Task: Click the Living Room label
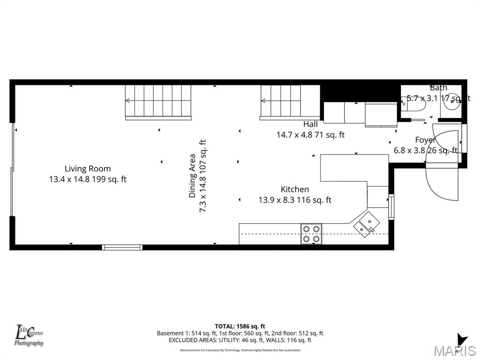point(88,169)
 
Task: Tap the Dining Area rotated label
point(192,176)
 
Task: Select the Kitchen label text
point(294,189)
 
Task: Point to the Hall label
point(310,124)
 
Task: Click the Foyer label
point(426,140)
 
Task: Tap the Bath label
point(438,88)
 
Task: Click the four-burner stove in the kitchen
point(311,233)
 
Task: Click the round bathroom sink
point(452,103)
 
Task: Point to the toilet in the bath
point(414,106)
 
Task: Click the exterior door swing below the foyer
point(442,183)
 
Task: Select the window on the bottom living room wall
point(122,247)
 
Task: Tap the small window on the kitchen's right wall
point(391,207)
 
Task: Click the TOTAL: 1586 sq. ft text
point(240,326)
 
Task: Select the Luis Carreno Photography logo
point(29,336)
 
